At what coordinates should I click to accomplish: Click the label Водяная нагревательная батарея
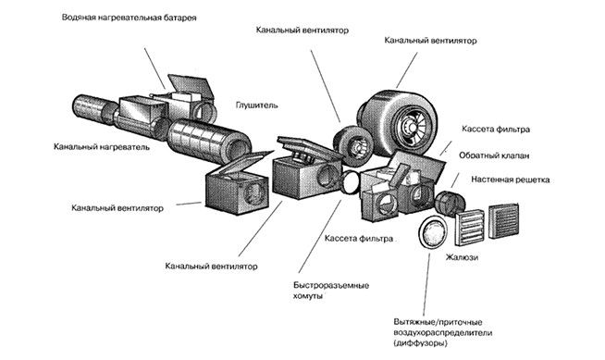tap(129, 18)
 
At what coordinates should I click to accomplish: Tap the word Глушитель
tap(256, 105)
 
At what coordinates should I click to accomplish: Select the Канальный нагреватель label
tap(102, 147)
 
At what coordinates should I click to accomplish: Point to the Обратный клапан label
tap(494, 155)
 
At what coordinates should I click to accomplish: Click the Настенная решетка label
tap(510, 180)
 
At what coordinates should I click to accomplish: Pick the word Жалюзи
tap(462, 257)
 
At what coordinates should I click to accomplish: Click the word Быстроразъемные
tap(331, 286)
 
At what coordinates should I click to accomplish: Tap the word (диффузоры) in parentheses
tap(420, 343)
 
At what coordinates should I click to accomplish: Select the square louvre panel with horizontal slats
tap(470, 228)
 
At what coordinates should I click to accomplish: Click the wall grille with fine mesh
tap(503, 220)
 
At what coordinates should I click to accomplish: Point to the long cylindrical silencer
tap(209, 142)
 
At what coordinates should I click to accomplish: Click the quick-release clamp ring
tap(352, 182)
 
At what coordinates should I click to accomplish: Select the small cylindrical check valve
tap(450, 202)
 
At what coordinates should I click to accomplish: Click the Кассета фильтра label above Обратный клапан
tap(496, 130)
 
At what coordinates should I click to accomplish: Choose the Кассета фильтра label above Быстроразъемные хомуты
tap(358, 239)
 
